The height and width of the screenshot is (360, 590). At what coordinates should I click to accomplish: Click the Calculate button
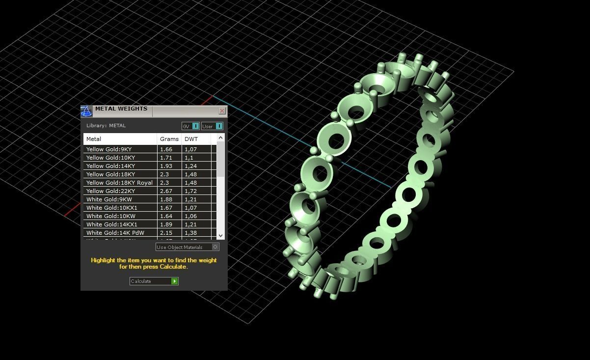click(154, 281)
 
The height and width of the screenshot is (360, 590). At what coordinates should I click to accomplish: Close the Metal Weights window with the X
click(222, 111)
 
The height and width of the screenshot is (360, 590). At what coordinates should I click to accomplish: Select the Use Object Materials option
click(187, 247)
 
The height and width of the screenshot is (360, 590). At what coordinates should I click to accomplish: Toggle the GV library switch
click(190, 126)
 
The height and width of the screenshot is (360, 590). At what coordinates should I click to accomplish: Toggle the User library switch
click(212, 126)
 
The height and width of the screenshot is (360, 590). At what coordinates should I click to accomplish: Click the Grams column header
click(169, 139)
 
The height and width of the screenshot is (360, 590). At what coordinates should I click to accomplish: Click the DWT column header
click(191, 139)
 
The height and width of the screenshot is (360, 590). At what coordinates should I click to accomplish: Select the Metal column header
click(94, 139)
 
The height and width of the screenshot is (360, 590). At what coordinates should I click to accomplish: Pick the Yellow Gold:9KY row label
click(109, 149)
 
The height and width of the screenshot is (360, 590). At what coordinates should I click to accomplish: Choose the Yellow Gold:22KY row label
click(110, 191)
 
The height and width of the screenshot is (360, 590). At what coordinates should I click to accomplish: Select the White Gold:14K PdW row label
click(115, 233)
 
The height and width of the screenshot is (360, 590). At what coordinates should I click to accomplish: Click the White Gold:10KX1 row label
click(112, 208)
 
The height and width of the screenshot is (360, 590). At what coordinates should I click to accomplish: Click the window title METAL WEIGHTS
click(121, 109)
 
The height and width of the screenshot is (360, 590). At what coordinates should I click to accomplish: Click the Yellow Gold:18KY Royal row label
click(119, 183)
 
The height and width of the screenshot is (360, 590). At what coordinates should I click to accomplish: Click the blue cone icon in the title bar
click(86, 111)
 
